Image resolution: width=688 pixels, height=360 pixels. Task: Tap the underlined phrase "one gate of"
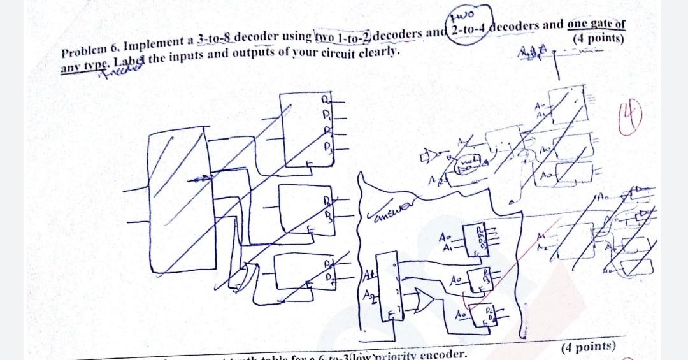tap(596, 24)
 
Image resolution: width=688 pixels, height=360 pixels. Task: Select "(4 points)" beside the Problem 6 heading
tap(598, 38)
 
